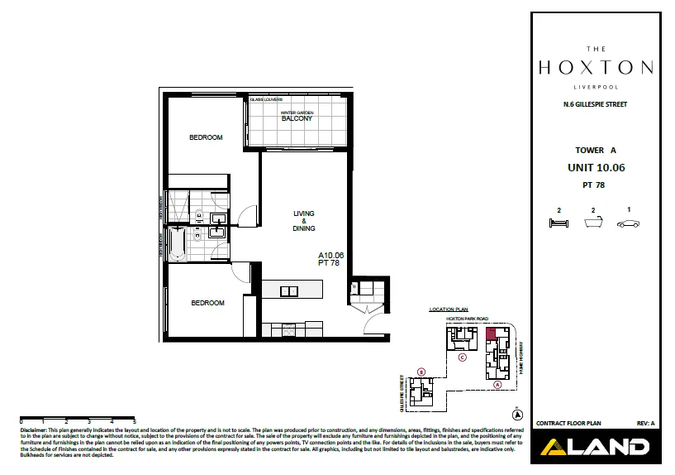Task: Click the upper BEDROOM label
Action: click(x=206, y=137)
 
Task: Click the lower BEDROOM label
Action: click(x=207, y=303)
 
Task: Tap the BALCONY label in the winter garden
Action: click(x=297, y=118)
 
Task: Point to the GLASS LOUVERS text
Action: click(x=269, y=99)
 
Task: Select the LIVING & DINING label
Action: click(x=304, y=221)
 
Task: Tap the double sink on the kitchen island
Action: click(x=289, y=290)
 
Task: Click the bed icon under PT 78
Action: click(x=559, y=223)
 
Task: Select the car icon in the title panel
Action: click(x=629, y=223)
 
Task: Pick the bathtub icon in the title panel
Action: click(x=593, y=223)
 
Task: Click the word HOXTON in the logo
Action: click(x=596, y=67)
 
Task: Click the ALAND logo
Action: click(x=594, y=448)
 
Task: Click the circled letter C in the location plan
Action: click(x=463, y=358)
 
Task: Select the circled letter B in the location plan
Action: click(x=421, y=372)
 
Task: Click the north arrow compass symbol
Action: click(x=518, y=414)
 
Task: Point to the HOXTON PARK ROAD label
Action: click(x=468, y=318)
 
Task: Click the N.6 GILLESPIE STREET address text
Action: click(x=594, y=104)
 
